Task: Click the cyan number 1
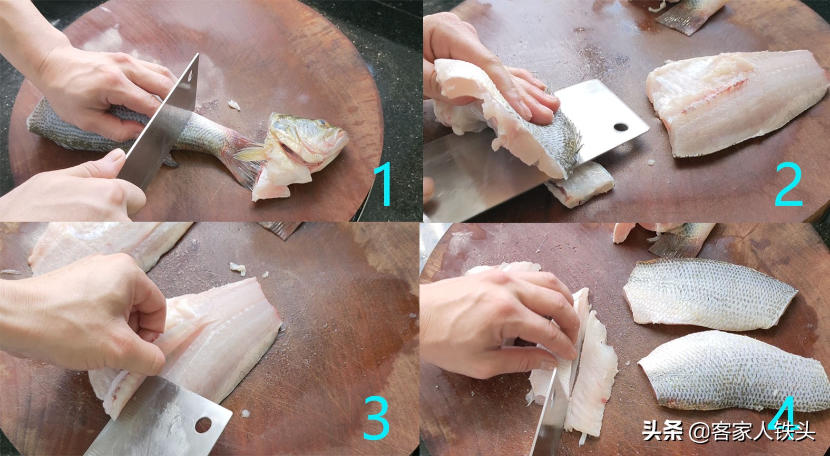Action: point(384,184)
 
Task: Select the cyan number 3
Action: point(376,418)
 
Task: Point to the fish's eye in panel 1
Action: point(321,122)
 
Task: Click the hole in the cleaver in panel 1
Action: point(190,75)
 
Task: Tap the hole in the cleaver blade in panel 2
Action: point(621,127)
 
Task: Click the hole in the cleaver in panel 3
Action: point(203,425)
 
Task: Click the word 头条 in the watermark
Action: point(662,431)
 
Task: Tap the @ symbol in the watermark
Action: point(699,432)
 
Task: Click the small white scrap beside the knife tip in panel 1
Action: point(234,106)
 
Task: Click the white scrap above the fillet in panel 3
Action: point(238,268)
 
